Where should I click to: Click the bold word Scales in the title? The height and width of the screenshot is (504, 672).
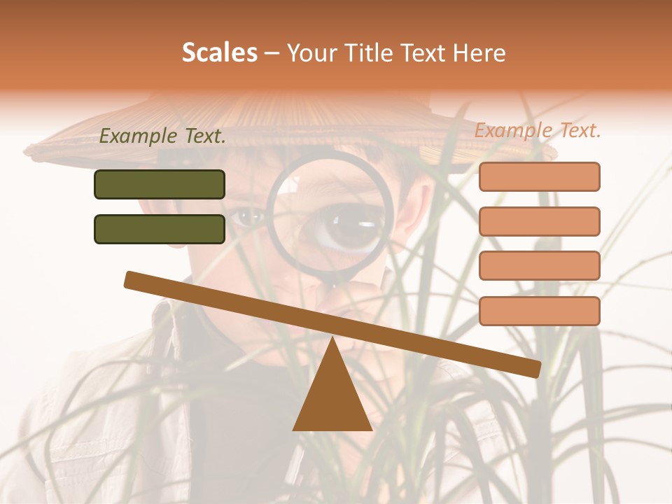coord(219,52)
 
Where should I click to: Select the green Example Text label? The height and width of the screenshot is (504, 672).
coord(162,136)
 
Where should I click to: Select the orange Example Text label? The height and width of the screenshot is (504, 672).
coord(538,130)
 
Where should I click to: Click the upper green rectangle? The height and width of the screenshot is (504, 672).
coord(160,184)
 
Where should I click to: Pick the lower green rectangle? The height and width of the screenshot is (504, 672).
coord(160,229)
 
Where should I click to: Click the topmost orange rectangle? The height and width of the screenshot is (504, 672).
coord(539,176)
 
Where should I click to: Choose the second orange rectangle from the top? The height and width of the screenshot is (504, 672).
coord(539,221)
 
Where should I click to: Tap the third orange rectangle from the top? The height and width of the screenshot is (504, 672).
coord(539,265)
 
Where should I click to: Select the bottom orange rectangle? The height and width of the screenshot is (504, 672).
coord(539,311)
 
